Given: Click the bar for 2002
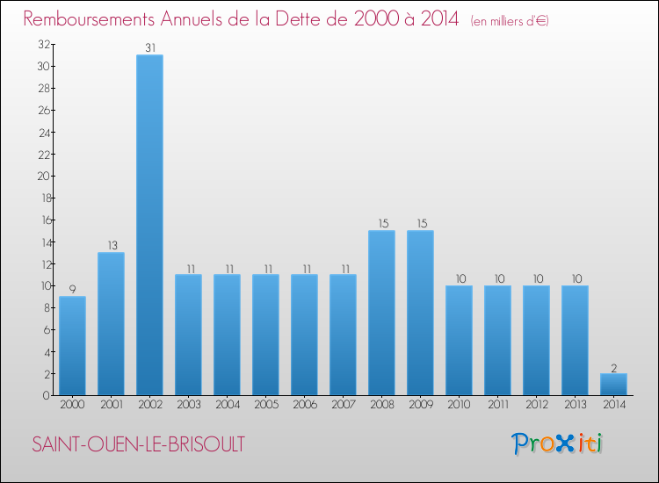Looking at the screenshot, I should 149,225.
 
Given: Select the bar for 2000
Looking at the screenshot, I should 72,346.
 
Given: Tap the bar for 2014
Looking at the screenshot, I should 613,385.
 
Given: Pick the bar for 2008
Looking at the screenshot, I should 381,313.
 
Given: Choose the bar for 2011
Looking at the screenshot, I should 497,341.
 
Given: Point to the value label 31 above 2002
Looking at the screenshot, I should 149,48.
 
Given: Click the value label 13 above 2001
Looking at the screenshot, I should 111,246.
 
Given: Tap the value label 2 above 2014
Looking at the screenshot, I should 613,367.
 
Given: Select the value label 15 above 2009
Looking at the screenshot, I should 420,224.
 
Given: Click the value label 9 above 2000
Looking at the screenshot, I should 72,290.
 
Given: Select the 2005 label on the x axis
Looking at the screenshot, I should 265,406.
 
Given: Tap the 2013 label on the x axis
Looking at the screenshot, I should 575,406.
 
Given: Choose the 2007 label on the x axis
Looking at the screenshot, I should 343,406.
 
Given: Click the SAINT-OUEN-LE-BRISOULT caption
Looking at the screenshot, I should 139,444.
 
